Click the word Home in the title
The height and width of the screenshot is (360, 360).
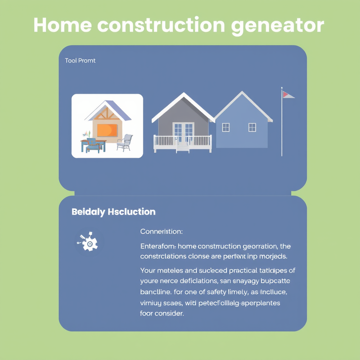point(61,25)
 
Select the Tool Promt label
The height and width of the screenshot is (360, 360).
point(80,60)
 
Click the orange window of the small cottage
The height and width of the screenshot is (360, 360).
point(107,130)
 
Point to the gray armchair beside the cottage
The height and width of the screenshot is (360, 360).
point(125,143)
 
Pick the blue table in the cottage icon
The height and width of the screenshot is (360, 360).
point(93,144)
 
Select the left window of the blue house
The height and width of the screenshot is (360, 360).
point(226,127)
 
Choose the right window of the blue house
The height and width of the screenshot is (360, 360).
point(252,127)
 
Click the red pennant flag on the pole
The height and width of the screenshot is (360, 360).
point(287,95)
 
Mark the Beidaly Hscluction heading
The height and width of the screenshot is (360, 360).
point(113,212)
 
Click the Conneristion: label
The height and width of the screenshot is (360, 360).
point(161,231)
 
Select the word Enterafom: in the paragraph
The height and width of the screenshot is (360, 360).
point(158,247)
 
